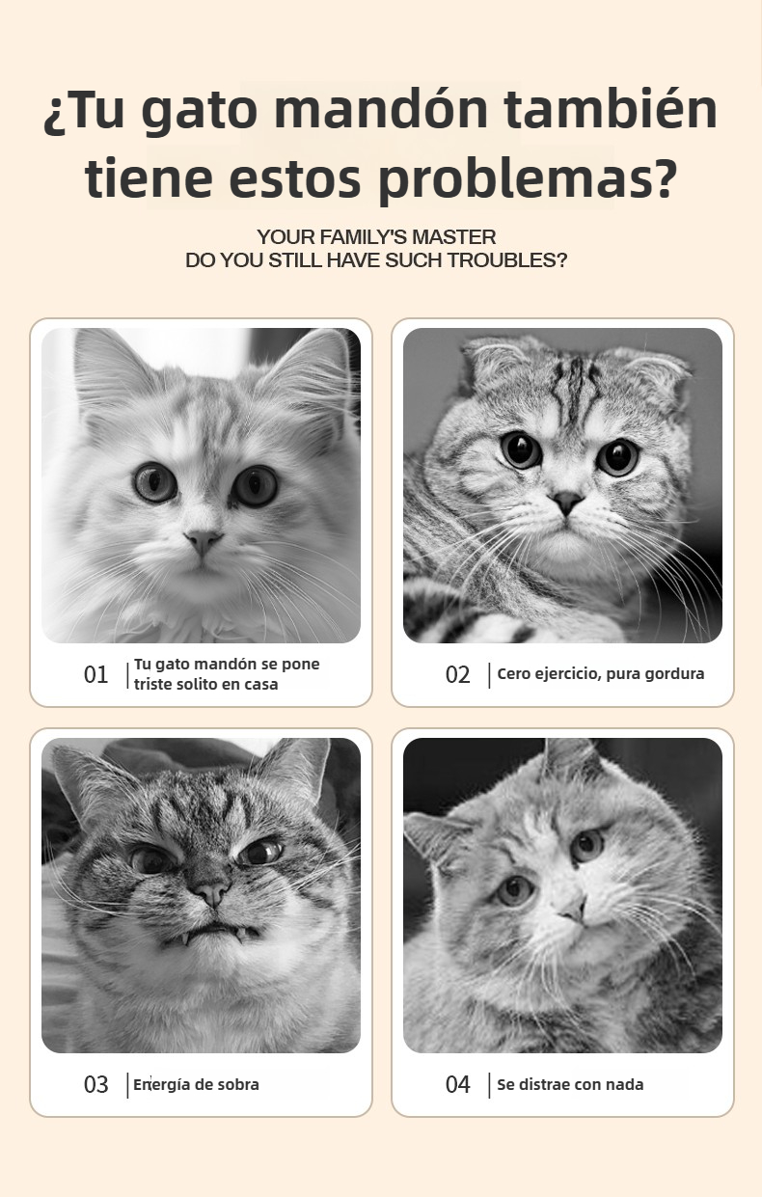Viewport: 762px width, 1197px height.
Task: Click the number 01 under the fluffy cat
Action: (x=95, y=674)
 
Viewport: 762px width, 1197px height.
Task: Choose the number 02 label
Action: (x=457, y=674)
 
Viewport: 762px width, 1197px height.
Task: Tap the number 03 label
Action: (x=95, y=1084)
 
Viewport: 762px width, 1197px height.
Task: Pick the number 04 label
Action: (x=457, y=1084)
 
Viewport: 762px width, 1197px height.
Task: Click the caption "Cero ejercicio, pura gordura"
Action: (x=601, y=674)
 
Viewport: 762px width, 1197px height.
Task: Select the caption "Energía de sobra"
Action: (x=196, y=1084)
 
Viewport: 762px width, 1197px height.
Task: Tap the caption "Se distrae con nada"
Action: (x=570, y=1084)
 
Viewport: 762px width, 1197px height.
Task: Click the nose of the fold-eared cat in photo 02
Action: (x=567, y=502)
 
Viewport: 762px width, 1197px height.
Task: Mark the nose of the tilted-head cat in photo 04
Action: (x=575, y=911)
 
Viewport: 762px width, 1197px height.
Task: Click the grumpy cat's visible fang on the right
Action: (x=241, y=935)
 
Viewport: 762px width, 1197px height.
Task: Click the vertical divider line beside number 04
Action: (x=489, y=1085)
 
